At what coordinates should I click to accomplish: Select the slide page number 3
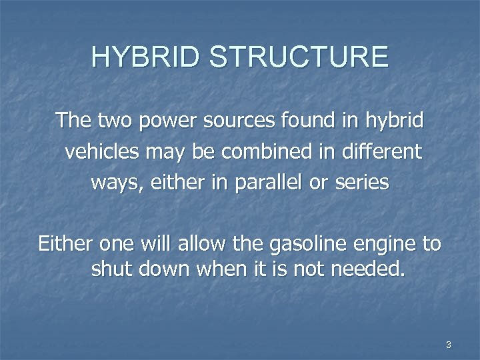[x=448, y=345]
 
